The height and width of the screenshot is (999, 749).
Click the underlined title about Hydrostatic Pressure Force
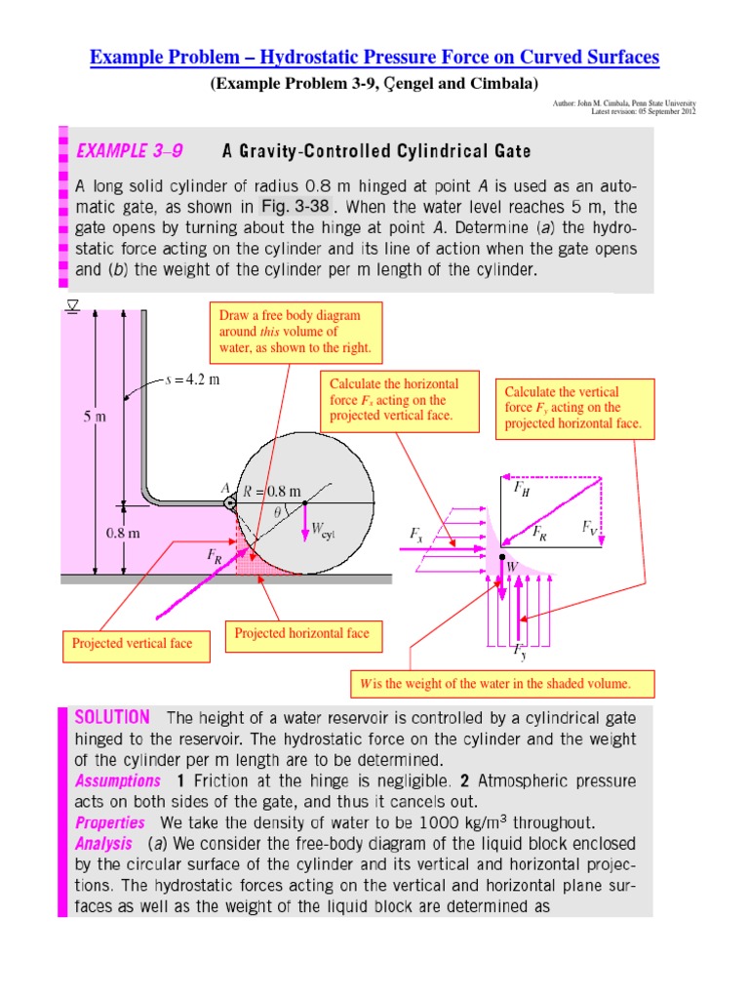point(374,59)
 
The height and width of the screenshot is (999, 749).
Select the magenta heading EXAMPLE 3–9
point(129,151)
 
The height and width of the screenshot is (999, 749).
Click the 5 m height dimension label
point(93,417)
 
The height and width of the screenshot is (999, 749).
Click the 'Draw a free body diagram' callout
point(296,332)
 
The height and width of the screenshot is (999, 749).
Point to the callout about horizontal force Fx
point(400,400)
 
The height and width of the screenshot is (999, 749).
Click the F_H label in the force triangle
point(522,491)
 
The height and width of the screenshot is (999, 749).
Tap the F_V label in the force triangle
point(591,528)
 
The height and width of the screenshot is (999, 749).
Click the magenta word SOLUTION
point(112,717)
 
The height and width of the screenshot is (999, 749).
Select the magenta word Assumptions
point(118,780)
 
